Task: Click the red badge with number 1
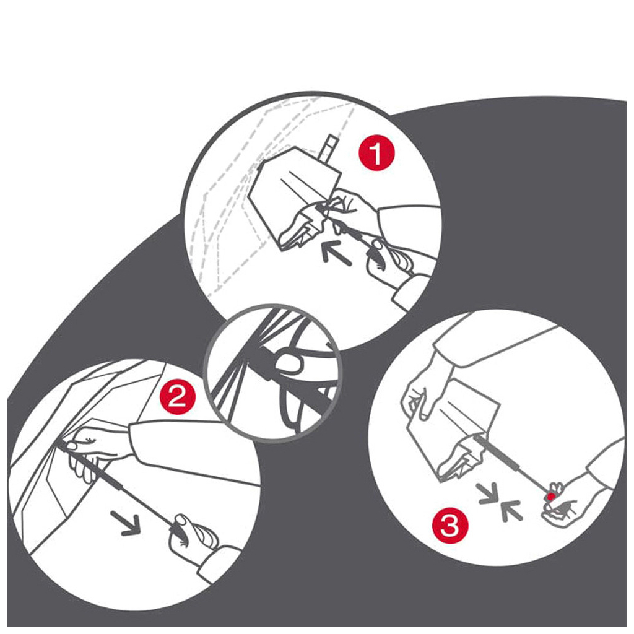tap(376, 154)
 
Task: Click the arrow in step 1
tap(336, 253)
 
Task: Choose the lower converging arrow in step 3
tap(511, 510)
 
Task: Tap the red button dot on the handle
tap(551, 496)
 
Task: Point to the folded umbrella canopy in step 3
tap(453, 428)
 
